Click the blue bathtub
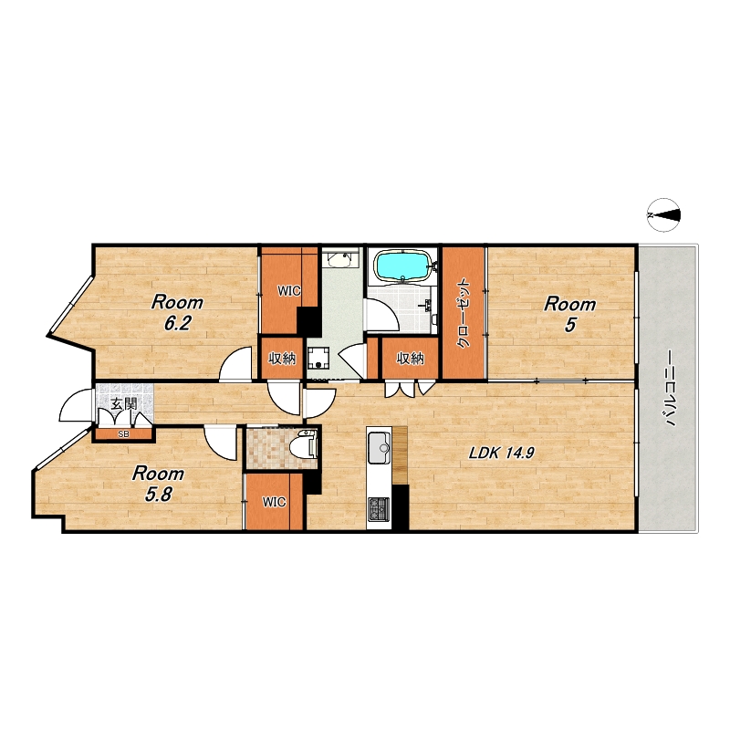403,266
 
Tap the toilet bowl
303,447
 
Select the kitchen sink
379,448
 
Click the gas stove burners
379,509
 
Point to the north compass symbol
664,215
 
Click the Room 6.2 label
177,312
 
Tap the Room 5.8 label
158,484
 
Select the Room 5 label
569,314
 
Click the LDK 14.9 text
501,453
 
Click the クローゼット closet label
464,313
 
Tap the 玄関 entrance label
124,402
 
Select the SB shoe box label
123,434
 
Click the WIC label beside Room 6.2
289,291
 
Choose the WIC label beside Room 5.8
274,503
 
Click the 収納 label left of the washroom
282,359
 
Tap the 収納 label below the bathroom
410,358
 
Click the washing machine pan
318,359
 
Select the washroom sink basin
339,260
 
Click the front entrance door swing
76,405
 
